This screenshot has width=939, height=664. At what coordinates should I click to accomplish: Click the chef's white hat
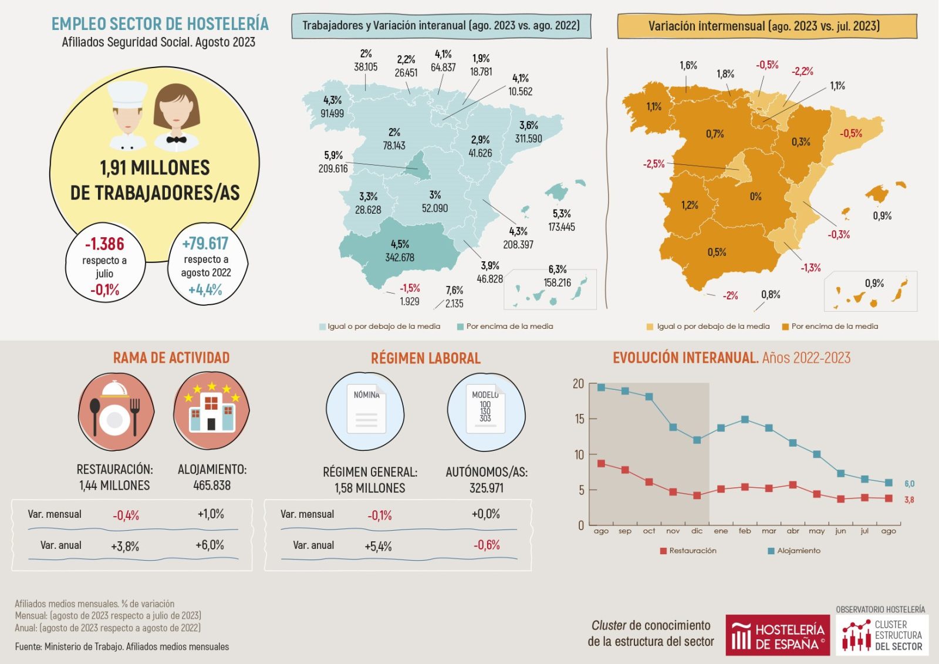tap(127, 94)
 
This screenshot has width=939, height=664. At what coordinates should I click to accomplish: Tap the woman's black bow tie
tap(176, 140)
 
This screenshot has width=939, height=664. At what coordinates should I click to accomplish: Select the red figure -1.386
tap(104, 244)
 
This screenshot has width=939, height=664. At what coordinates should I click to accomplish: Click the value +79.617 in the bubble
tap(205, 243)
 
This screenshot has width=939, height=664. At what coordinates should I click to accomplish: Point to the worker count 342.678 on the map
tap(400, 257)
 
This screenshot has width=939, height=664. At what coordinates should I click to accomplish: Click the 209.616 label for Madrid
tap(333, 168)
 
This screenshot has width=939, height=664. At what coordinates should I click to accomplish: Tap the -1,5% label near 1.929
tap(410, 288)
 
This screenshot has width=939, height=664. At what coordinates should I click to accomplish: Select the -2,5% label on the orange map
tap(654, 164)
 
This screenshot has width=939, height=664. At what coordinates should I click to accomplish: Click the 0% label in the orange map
tap(755, 197)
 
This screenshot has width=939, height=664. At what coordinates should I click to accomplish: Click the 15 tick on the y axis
tap(579, 419)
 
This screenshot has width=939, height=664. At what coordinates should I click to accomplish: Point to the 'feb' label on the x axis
tap(745, 531)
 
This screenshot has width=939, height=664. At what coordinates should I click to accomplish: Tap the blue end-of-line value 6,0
tap(909, 484)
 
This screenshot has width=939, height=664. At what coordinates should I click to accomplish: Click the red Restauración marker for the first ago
tap(601, 464)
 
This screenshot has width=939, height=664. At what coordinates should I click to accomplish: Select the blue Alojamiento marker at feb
tap(745, 420)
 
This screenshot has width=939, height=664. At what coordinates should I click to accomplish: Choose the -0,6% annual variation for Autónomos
tap(487, 545)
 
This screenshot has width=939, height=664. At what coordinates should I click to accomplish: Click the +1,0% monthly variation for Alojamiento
tap(211, 514)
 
